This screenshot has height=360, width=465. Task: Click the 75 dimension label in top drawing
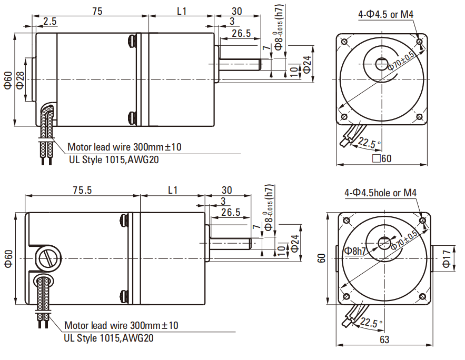point(97,11)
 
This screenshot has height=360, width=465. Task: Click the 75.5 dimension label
point(83,190)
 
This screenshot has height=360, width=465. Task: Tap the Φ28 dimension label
point(20,80)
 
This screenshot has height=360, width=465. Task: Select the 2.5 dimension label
point(50,22)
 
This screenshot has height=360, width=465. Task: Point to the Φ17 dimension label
point(447,258)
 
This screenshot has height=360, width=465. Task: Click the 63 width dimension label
point(384,339)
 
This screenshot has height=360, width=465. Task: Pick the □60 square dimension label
point(382,158)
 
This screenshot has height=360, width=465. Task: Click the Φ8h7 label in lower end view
point(355,251)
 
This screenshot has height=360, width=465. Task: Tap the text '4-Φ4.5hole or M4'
point(381,193)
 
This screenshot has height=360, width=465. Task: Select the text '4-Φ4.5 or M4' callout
point(385,14)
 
